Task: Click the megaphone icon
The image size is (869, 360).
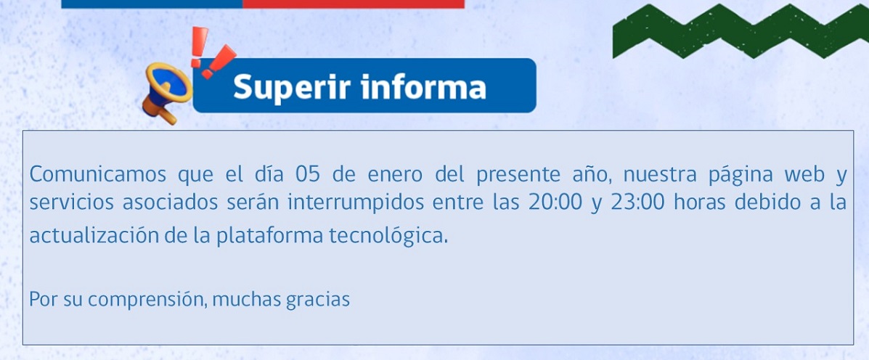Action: coord(166,91)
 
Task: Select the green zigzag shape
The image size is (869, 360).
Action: coord(741,30)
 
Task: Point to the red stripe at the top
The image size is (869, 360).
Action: coord(353,4)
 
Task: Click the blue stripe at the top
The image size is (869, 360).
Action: coord(152,4)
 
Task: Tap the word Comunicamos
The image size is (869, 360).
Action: coord(97,174)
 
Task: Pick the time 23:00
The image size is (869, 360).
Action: coord(637,203)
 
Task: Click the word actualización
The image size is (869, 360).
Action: coord(94,236)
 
